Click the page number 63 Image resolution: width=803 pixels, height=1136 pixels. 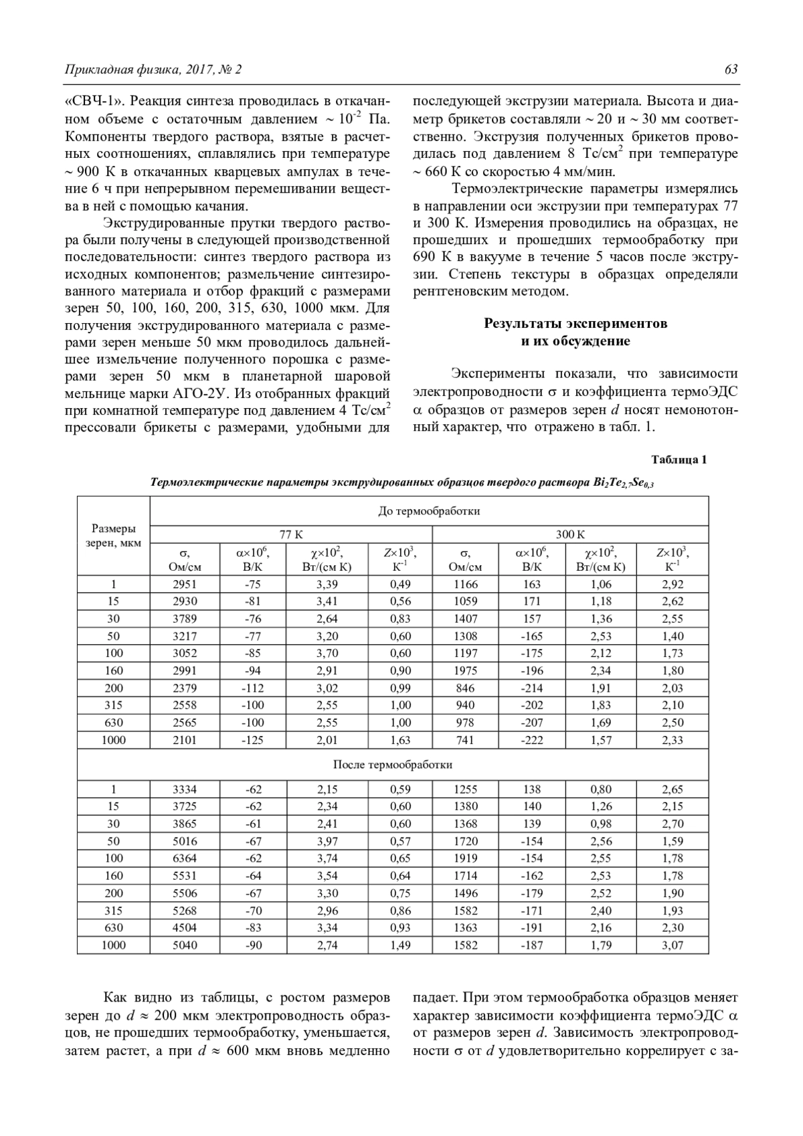pyautogui.click(x=731, y=70)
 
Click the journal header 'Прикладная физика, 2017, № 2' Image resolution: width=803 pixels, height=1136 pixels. pyautogui.click(x=153, y=70)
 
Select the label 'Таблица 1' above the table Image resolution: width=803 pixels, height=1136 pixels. pyautogui.click(x=679, y=460)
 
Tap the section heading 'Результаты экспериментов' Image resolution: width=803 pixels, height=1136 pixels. pyautogui.click(x=575, y=324)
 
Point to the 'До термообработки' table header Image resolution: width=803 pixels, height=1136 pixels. pyautogui.click(x=429, y=511)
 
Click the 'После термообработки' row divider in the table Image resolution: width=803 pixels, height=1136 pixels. pyautogui.click(x=393, y=764)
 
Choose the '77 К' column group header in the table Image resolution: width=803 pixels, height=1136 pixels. pyautogui.click(x=291, y=535)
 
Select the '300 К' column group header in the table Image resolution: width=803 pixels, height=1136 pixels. pyautogui.click(x=570, y=535)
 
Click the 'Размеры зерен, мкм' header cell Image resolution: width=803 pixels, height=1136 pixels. pyautogui.click(x=113, y=535)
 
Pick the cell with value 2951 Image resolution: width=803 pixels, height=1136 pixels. pyautogui.click(x=185, y=584)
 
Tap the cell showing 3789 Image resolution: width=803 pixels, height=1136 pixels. pyautogui.click(x=185, y=619)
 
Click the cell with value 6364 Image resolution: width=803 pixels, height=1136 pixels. pyautogui.click(x=185, y=858)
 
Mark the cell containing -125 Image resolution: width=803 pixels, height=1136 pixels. pyautogui.click(x=253, y=740)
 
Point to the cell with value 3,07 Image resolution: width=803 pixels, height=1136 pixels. pyautogui.click(x=673, y=945)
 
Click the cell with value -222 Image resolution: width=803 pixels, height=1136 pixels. pyautogui.click(x=532, y=740)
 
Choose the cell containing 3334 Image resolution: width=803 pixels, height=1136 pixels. pyautogui.click(x=185, y=789)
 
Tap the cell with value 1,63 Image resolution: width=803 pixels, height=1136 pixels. pyautogui.click(x=400, y=740)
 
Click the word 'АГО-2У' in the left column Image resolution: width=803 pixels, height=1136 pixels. pyautogui.click(x=203, y=393)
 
